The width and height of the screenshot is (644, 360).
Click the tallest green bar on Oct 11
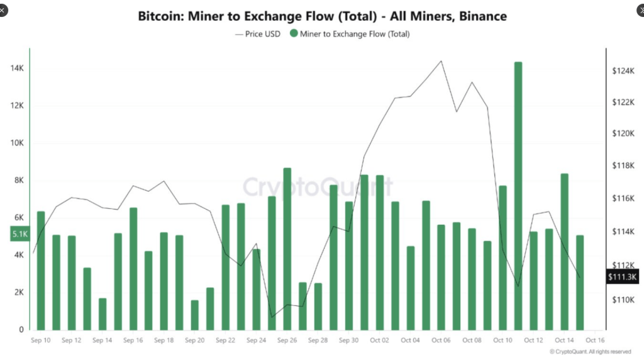518,195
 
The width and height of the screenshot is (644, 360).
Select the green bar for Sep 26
287,249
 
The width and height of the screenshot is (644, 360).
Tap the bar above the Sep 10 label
41,271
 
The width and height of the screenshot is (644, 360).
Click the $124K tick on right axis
623,70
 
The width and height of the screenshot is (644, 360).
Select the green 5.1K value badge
19,235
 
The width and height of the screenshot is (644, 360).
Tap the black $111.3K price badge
623,276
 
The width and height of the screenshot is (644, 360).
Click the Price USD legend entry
258,34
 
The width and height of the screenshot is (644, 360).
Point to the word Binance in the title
480,16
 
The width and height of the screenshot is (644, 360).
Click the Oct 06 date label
441,340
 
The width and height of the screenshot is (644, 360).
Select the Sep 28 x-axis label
318,340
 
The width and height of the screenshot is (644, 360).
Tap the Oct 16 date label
595,340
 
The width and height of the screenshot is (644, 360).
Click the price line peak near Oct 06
441,61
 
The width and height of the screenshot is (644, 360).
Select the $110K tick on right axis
623,300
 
